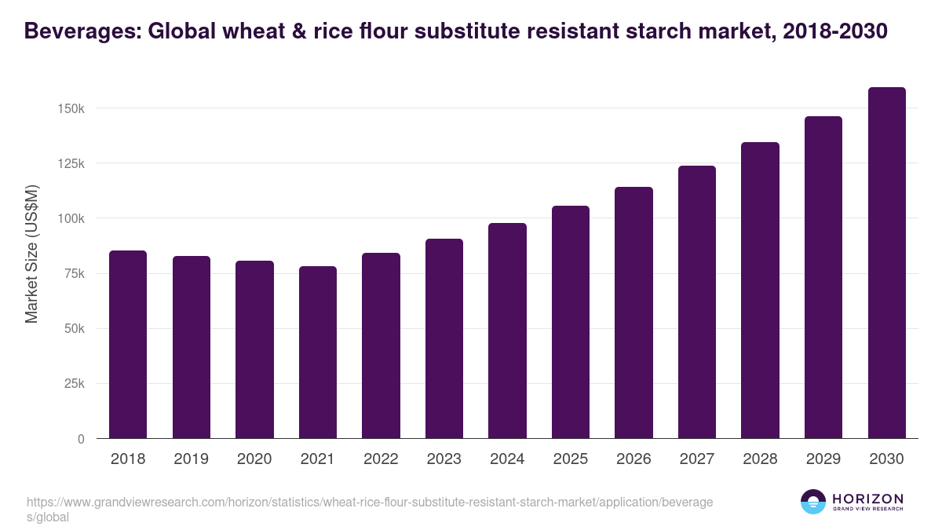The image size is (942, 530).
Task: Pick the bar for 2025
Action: pyautogui.click(x=570, y=322)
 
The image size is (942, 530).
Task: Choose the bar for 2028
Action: pyautogui.click(x=760, y=291)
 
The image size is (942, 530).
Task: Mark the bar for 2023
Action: pyautogui.click(x=444, y=338)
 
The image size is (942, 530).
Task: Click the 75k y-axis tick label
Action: pyautogui.click(x=75, y=273)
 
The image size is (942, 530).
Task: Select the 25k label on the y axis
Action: pyautogui.click(x=75, y=384)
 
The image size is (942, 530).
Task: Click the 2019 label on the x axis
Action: pyautogui.click(x=191, y=459)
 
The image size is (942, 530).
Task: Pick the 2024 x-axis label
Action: pyautogui.click(x=507, y=459)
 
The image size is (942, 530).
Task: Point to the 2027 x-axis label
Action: pyautogui.click(x=697, y=459)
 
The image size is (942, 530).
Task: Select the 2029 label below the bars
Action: pyautogui.click(x=823, y=459)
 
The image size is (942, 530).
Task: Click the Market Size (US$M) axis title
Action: pyautogui.click(x=31, y=253)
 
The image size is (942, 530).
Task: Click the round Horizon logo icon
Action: pyautogui.click(x=812, y=502)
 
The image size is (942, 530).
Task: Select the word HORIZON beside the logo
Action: pyautogui.click(x=867, y=499)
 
